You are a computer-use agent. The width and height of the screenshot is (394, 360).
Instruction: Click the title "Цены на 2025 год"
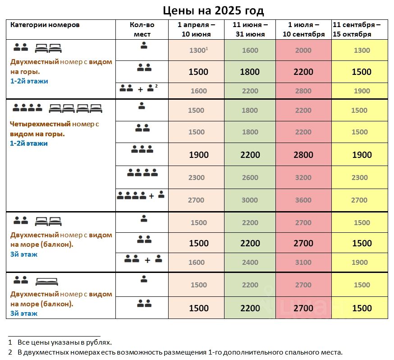click(x=213, y=10)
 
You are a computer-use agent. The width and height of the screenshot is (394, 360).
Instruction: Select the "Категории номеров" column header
click(x=45, y=25)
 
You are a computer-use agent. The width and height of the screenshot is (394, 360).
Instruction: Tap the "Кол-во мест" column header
click(x=142, y=29)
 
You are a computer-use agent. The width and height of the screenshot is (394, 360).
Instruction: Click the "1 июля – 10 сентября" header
click(x=303, y=29)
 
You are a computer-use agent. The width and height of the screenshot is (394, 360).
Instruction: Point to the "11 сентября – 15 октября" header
click(x=357, y=29)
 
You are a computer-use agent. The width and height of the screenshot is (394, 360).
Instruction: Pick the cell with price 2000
click(x=303, y=50)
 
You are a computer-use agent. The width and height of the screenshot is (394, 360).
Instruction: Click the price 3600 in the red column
click(x=303, y=200)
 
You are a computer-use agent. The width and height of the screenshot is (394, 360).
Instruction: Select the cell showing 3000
click(x=250, y=200)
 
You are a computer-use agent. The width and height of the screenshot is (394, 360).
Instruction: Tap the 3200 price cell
click(x=303, y=177)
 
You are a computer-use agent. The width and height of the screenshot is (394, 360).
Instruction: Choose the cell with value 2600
click(x=250, y=177)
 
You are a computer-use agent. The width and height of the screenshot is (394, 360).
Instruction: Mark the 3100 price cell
click(x=303, y=262)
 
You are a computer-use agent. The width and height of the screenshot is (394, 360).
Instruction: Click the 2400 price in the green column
click(x=250, y=262)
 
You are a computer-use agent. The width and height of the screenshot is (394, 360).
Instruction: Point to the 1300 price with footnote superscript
click(x=198, y=50)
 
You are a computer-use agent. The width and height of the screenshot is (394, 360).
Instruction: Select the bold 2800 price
click(x=303, y=155)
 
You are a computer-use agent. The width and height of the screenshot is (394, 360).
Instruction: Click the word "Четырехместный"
click(x=40, y=124)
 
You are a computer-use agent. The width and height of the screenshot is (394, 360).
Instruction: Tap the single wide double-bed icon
click(x=47, y=282)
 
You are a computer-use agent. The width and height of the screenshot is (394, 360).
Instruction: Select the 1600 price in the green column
click(x=250, y=50)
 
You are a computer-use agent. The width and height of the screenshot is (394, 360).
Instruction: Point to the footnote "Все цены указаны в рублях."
click(x=64, y=342)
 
